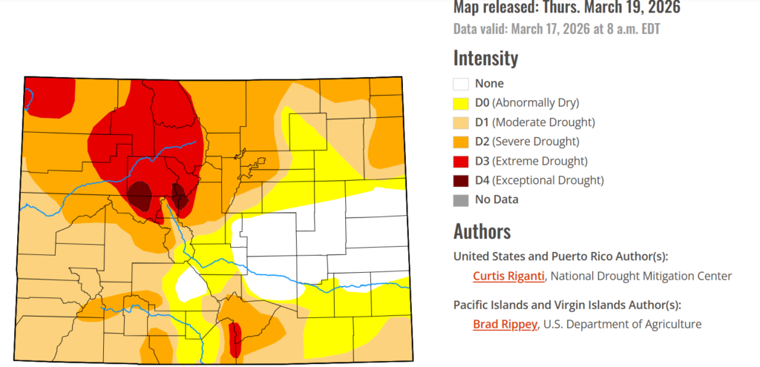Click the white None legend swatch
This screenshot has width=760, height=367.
point(462,84)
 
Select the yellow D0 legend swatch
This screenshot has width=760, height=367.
point(462,103)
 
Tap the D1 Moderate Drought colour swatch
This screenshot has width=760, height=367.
point(462,122)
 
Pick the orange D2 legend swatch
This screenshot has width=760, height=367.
point(462,142)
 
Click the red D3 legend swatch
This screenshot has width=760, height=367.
point(462,161)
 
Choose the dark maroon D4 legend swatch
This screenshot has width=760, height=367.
point(462,180)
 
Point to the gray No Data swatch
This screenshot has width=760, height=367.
point(462,199)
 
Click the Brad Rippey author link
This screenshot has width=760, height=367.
point(505,324)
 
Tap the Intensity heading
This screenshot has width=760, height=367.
point(485,58)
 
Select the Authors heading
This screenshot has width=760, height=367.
point(482,231)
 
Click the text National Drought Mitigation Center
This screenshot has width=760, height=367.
point(642,276)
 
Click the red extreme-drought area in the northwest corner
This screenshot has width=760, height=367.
point(50,95)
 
